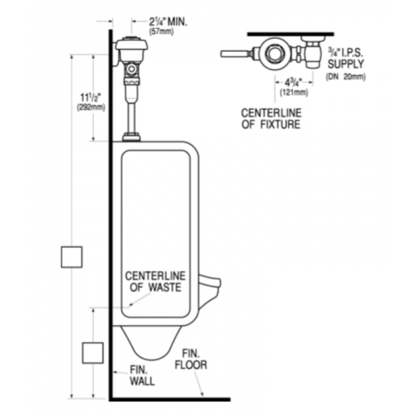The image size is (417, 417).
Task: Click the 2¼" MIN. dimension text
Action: pyautogui.click(x=167, y=22)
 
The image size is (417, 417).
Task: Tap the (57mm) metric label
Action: pyautogui.click(x=161, y=32)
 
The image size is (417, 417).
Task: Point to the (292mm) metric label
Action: pyautogui.click(x=91, y=108)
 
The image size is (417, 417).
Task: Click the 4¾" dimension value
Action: pyautogui.click(x=293, y=83)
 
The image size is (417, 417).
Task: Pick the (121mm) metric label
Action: pyautogui.click(x=294, y=92)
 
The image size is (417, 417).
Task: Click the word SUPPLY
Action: pyautogui.click(x=345, y=64)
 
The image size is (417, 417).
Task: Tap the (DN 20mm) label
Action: pyautogui.click(x=345, y=76)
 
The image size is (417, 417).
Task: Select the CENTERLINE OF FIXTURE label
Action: pyautogui.click(x=271, y=119)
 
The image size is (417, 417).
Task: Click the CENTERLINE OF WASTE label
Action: pyautogui.click(x=155, y=281)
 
